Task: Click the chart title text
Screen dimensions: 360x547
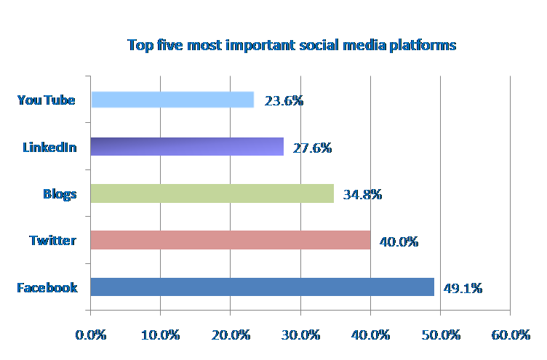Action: [x=292, y=45]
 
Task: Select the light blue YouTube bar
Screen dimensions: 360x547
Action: [x=172, y=100]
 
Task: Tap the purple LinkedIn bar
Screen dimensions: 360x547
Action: [x=187, y=146]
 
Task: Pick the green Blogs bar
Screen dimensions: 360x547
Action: [x=212, y=193]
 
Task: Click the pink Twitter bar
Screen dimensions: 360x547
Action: [x=230, y=240]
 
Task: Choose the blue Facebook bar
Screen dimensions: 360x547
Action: [x=262, y=287]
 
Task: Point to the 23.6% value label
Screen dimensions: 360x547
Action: [x=284, y=101]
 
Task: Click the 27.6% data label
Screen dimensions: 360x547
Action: [x=312, y=148]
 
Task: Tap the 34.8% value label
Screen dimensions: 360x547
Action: [x=362, y=194]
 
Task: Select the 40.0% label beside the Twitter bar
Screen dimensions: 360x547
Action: [x=399, y=241]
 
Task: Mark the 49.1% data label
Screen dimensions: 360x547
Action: [x=463, y=288]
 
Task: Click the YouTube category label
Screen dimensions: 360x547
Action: [x=47, y=100]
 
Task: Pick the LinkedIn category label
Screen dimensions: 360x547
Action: [x=49, y=147]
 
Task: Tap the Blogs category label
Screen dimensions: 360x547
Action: [x=60, y=193]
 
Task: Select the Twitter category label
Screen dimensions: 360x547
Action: [x=52, y=240]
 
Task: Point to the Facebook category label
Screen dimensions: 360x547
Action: [x=47, y=287]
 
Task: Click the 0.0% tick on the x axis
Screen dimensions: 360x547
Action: [x=91, y=335]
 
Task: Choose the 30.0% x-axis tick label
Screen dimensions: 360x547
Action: [x=300, y=335]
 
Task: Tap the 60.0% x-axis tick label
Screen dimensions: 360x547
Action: [x=511, y=335]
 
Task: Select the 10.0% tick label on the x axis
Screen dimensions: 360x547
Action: [x=161, y=335]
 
